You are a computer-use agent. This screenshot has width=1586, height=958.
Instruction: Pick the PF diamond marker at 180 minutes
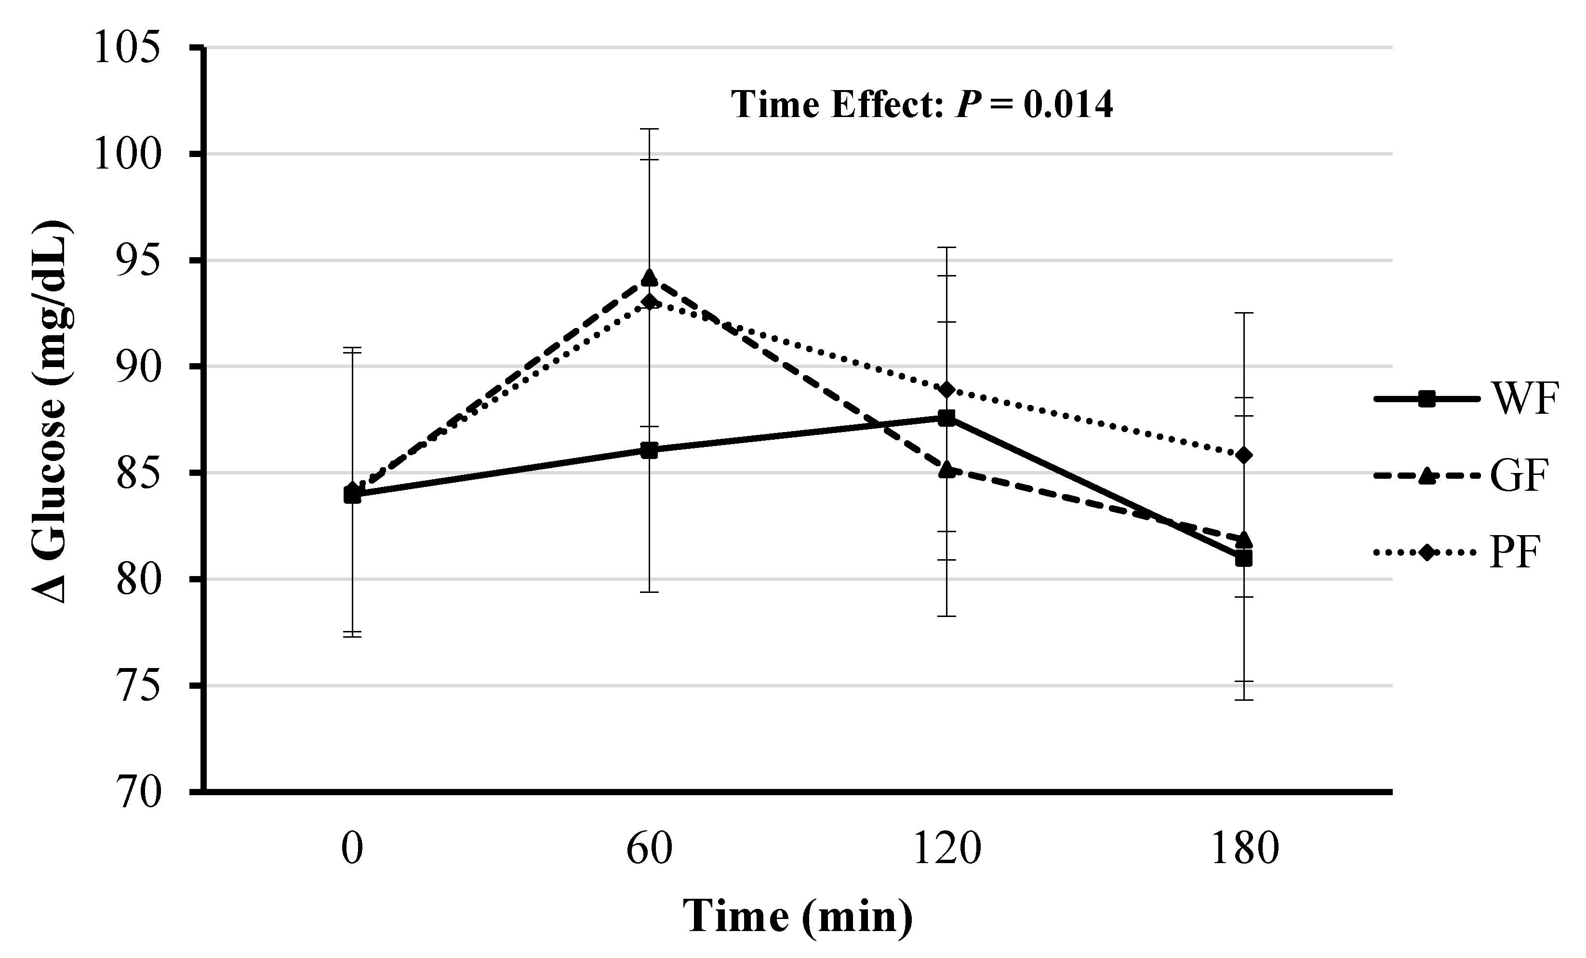1243,455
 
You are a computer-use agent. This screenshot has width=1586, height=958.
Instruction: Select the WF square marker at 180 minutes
1243,558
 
